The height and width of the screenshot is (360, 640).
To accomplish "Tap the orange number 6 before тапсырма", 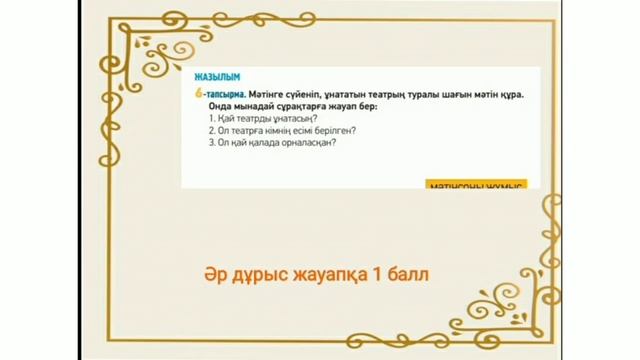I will [x=200, y=92].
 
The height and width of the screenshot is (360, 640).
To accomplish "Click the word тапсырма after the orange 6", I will [x=223, y=92].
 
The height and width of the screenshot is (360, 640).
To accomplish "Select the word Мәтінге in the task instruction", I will [x=262, y=92].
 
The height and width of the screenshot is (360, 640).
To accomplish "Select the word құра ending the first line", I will [x=513, y=92].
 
